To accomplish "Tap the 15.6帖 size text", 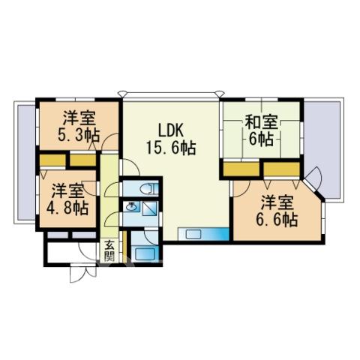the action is pos(171,148).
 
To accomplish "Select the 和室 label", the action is pos(261,122).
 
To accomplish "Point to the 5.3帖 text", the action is pos(79,135).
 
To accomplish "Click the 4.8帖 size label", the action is pos(67,208).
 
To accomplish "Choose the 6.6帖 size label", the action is pos(277,220).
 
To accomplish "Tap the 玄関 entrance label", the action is pos(109,250).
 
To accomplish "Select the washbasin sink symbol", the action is pos(131,206).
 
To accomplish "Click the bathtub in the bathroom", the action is pos(144,253).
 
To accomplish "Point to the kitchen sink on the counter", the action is pos(193,234).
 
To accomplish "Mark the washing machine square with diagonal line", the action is pos(149,208).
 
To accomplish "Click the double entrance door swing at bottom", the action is pos(83,273).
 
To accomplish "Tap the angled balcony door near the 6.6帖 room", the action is pos(313,178).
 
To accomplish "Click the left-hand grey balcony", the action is pos(27,163).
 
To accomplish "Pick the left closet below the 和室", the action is pos(241,169).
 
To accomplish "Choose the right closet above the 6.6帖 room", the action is pos(281,169).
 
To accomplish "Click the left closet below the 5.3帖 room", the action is pos(52,160).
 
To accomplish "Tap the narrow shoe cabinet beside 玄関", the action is pos(124,247).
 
